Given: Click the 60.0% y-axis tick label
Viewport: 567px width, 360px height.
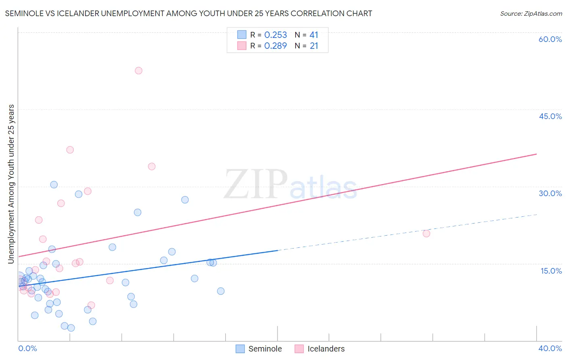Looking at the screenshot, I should (550, 39).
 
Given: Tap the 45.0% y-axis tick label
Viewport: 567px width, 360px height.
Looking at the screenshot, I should (550, 116).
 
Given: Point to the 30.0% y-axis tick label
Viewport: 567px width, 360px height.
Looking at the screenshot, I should (550, 193).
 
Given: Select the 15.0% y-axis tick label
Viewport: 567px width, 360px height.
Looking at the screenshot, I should (551, 271).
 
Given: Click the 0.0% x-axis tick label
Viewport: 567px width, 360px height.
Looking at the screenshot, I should (27, 348).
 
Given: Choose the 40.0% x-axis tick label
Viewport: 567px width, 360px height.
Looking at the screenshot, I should (550, 348).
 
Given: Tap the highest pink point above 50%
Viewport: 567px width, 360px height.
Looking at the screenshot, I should (138, 71).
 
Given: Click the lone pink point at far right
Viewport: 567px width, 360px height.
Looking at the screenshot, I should (426, 233).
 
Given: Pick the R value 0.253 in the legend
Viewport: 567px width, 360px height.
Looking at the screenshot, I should (275, 35).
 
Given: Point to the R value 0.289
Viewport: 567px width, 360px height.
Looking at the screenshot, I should (275, 46).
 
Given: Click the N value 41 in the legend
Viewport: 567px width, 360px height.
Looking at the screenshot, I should (314, 35).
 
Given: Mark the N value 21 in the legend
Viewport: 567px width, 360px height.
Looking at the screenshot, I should (314, 46).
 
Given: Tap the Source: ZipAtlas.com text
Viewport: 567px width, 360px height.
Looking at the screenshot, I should (531, 13).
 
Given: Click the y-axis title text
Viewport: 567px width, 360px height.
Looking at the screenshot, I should (11, 184).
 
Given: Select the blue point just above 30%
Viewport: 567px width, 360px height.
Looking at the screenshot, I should (54, 184).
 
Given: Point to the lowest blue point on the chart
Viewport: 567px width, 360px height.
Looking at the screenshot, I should (71, 328).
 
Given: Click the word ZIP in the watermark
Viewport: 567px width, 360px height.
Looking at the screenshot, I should (256, 184).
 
